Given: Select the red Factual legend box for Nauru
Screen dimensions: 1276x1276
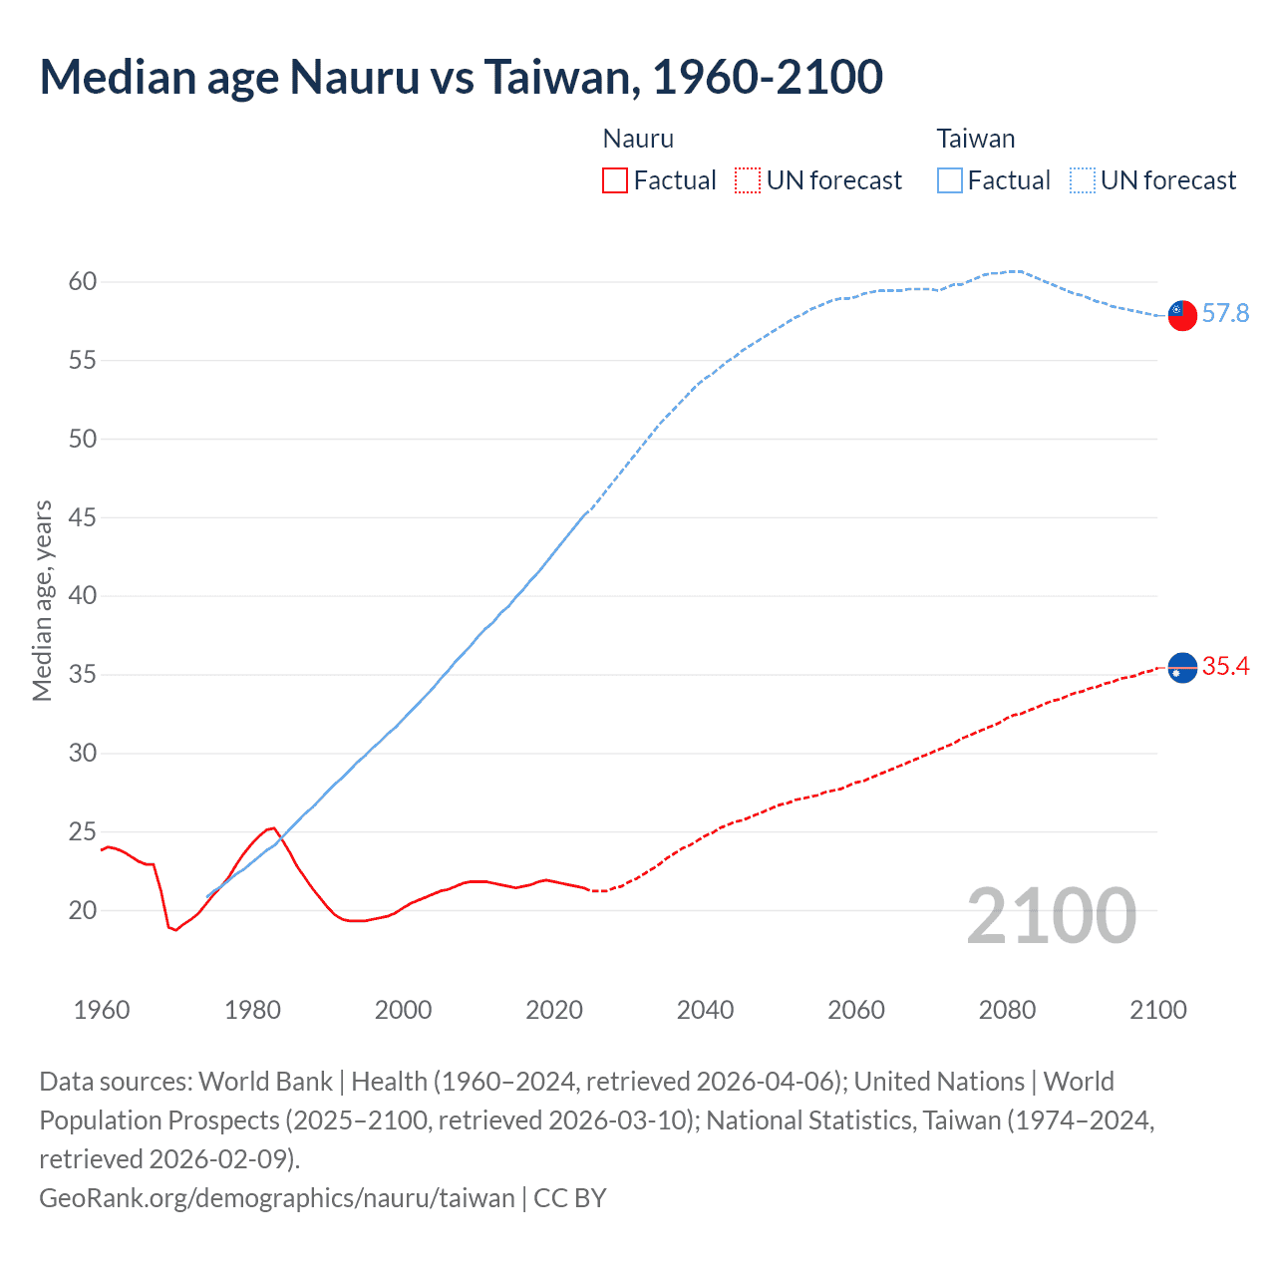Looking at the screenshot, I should (615, 180).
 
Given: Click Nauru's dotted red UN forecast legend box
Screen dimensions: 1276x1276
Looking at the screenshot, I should (748, 180).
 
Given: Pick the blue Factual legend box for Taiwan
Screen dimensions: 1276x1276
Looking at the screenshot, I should (950, 180).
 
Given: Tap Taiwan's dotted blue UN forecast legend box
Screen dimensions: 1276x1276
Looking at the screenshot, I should (1083, 180).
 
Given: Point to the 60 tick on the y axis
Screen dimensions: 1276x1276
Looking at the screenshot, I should (83, 282).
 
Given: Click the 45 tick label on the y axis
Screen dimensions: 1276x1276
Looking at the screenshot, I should (83, 517).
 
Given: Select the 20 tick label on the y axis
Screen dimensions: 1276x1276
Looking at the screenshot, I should (83, 910).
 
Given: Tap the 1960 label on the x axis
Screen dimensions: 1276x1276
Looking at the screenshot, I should (102, 1010).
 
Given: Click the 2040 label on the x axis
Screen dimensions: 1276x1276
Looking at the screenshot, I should (705, 1010).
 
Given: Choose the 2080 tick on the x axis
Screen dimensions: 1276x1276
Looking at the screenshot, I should (1007, 1010).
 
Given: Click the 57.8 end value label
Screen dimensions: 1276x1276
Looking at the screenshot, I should (1225, 314).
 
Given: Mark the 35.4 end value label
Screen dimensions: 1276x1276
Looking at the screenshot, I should (1225, 667).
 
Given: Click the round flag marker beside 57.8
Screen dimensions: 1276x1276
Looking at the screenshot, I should (1181, 315).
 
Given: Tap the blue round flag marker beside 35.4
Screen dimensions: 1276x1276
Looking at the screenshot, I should (1181, 668).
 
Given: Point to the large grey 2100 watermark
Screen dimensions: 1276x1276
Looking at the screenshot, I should (1051, 916).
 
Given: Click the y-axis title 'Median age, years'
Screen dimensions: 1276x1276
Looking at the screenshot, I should (42, 601).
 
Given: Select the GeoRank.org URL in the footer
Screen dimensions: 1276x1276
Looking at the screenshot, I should (277, 1197).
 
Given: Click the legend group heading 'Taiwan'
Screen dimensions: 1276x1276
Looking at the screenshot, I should (975, 139).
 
